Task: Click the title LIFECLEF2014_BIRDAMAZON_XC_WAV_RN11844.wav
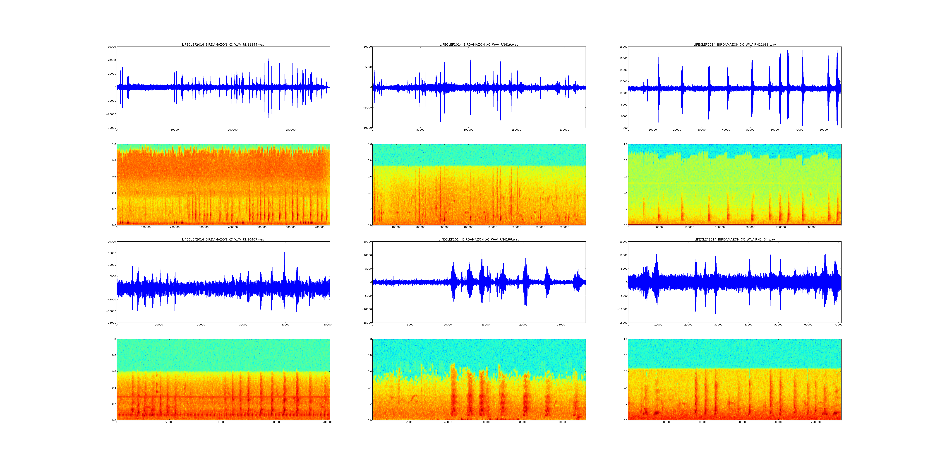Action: (x=223, y=45)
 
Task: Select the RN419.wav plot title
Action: (x=479, y=45)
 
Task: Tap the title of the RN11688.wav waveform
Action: (x=735, y=45)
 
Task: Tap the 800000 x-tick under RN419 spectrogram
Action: (x=564, y=227)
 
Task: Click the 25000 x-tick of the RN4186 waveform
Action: (x=561, y=325)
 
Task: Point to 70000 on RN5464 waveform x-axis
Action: (x=838, y=325)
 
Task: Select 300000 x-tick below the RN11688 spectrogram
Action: (x=812, y=227)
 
